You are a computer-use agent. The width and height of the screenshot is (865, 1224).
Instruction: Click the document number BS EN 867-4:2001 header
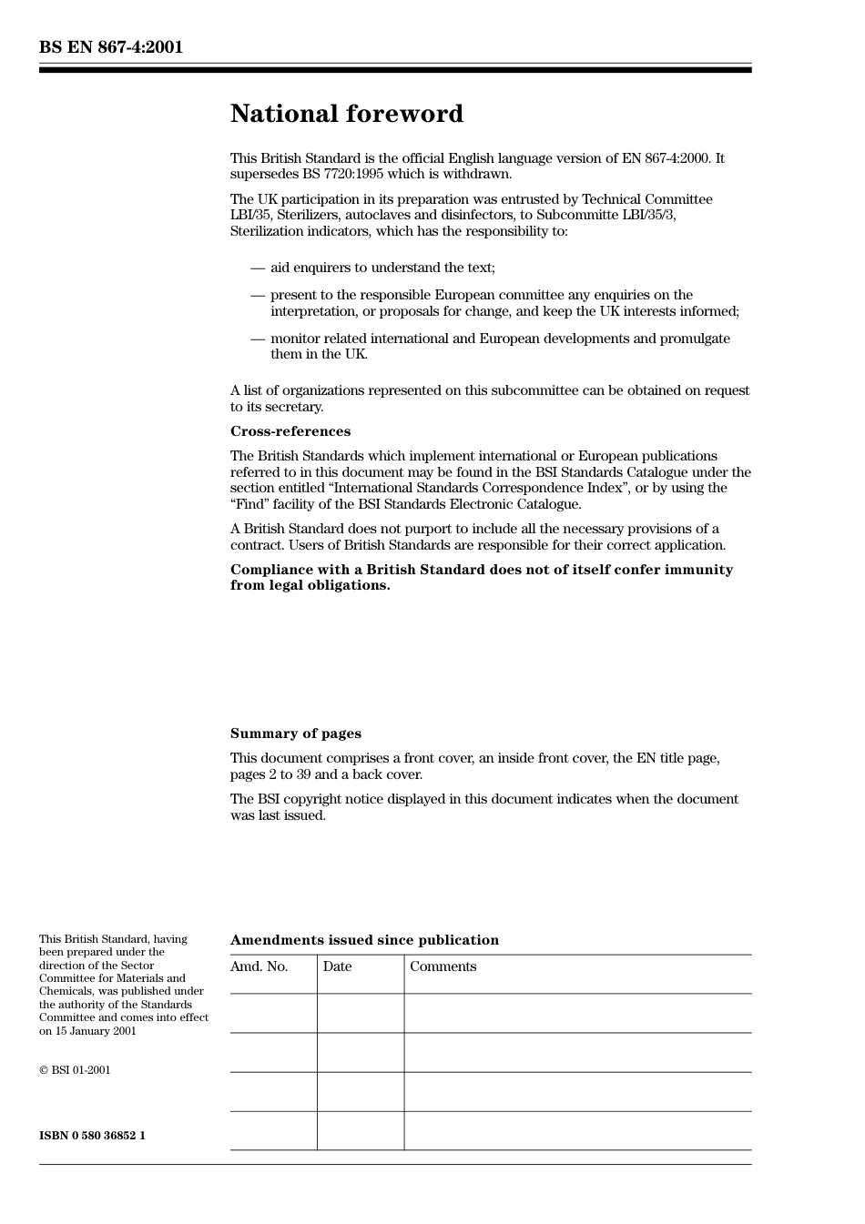coord(111,47)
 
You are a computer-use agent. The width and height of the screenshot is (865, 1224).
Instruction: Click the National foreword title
coord(346,114)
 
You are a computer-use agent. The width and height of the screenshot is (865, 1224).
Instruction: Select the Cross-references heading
coord(290,431)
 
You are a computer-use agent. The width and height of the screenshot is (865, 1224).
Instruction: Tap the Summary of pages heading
coord(295,733)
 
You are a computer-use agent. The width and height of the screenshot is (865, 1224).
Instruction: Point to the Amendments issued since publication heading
coord(364,940)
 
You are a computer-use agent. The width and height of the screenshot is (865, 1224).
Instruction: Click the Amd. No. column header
coord(259,966)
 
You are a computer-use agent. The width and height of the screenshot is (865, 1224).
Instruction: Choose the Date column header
coord(337,966)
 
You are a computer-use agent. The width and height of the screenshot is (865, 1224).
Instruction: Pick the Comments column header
coord(443,966)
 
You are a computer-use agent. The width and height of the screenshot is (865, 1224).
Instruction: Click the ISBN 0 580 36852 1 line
coord(92,1136)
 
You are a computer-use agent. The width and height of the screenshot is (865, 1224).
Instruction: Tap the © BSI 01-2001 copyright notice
coord(75,1070)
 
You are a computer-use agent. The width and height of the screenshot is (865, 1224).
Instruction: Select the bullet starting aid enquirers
coord(382,268)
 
